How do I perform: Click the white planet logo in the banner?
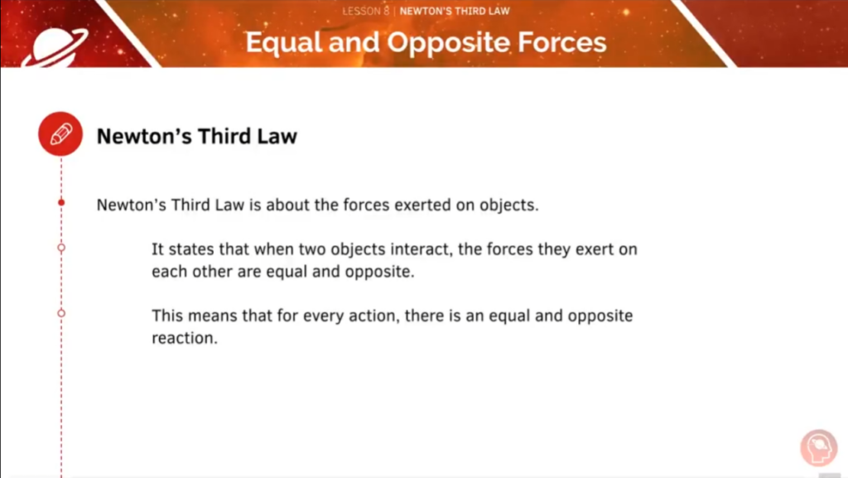pyautogui.click(x=55, y=47)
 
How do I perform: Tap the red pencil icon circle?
pyautogui.click(x=60, y=134)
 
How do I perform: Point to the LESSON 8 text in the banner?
pyautogui.click(x=365, y=11)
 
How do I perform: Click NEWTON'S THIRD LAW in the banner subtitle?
pyautogui.click(x=455, y=11)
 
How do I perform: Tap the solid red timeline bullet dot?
pyautogui.click(x=61, y=202)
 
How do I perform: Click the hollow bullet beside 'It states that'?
pyautogui.click(x=61, y=248)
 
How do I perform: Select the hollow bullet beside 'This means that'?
pyautogui.click(x=61, y=313)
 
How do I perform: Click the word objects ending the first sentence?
pyautogui.click(x=509, y=205)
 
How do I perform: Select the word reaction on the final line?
pyautogui.click(x=185, y=338)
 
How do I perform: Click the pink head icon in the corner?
pyautogui.click(x=819, y=447)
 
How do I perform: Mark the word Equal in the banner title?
pyautogui.click(x=284, y=43)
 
